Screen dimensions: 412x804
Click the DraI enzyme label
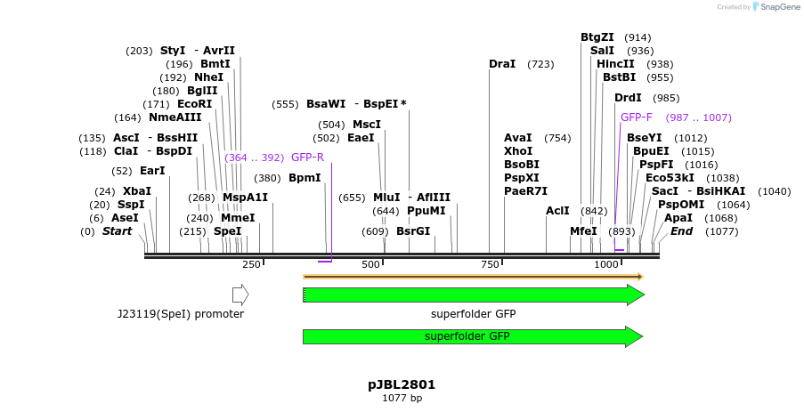tap(502, 64)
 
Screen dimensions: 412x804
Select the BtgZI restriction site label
tap(597, 37)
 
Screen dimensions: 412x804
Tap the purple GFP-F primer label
tap(637, 117)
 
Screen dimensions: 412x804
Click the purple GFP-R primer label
tap(307, 158)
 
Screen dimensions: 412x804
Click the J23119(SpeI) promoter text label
tap(181, 314)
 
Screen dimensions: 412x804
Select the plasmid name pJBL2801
tap(402, 385)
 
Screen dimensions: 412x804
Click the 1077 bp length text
tap(402, 398)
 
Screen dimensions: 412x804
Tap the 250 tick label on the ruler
tap(251, 264)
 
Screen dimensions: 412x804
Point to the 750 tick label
tap(490, 264)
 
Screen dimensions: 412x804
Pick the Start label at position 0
tap(117, 231)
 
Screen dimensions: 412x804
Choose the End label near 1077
tap(681, 231)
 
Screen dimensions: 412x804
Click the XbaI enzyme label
tap(137, 191)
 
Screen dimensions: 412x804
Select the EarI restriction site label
tap(152, 171)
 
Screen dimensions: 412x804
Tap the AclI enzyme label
tap(557, 211)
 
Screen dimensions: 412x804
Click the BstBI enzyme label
tap(619, 77)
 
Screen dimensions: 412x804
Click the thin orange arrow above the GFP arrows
tap(473, 277)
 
